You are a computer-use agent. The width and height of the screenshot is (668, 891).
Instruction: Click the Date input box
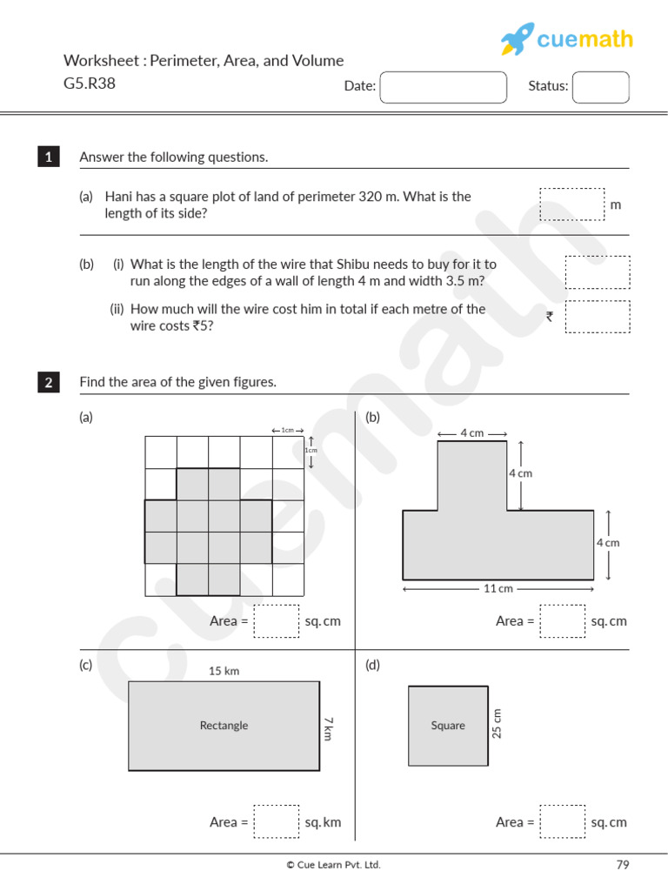coord(444,87)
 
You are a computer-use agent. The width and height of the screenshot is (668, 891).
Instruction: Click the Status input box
coord(600,87)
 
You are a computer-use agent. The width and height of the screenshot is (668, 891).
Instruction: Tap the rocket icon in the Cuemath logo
coord(517,40)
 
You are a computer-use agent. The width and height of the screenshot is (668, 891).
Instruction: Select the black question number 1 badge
coord(49,157)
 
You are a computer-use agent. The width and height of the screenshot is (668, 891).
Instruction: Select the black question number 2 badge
coord(49,382)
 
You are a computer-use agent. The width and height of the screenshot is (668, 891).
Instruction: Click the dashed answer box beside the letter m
coord(571,204)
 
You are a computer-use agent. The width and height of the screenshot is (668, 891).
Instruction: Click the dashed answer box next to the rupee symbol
coord(597,317)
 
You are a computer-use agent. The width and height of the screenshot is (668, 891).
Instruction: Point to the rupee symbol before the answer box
coord(550,317)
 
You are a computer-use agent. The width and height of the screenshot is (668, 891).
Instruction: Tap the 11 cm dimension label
coord(498,589)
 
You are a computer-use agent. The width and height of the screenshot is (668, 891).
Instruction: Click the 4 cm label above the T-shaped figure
coord(471,433)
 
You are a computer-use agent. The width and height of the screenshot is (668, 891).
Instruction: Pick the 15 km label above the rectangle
coord(224,671)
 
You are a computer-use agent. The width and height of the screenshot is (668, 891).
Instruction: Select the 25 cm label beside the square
coord(498,723)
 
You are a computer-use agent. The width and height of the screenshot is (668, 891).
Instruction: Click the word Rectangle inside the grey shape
coord(224,726)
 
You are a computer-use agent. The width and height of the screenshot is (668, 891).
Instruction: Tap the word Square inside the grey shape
coord(448,726)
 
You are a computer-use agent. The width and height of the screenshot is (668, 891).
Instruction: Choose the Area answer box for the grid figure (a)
coord(277,621)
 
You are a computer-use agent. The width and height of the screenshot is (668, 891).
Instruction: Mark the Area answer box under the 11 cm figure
coord(563,621)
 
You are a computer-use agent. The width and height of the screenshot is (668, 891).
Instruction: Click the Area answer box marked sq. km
coord(277,821)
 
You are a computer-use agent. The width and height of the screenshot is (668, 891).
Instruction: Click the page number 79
coord(622,865)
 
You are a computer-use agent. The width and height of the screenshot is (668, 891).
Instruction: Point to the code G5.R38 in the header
coord(90,84)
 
